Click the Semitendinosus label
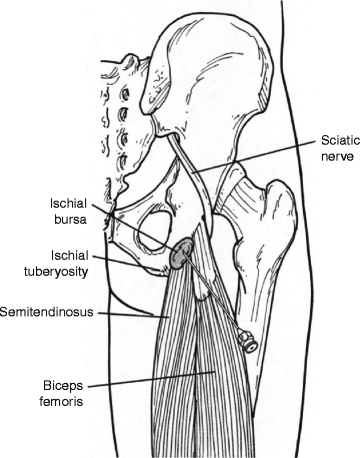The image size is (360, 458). (47, 312)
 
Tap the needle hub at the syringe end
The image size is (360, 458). (252, 343)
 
